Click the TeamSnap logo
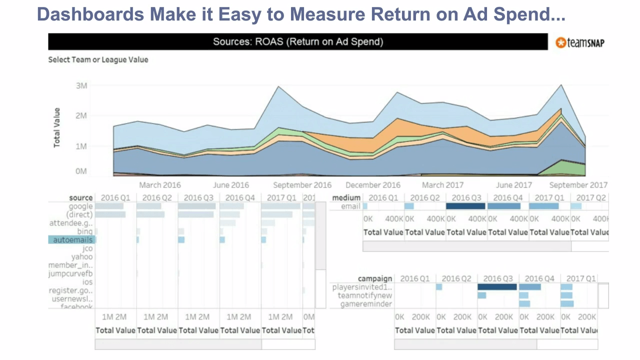580,43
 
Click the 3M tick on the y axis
81,85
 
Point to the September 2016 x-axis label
302,185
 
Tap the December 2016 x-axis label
373,185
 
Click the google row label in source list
80,206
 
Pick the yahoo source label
81,257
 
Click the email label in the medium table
350,206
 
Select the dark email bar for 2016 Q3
465,206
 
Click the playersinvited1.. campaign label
362,287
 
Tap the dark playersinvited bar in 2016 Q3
497,287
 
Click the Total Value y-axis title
57,127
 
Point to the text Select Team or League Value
98,59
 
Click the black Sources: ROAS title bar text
298,42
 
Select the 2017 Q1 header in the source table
282,197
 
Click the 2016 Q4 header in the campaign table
540,278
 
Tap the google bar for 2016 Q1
109,206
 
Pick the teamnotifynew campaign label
365,295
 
